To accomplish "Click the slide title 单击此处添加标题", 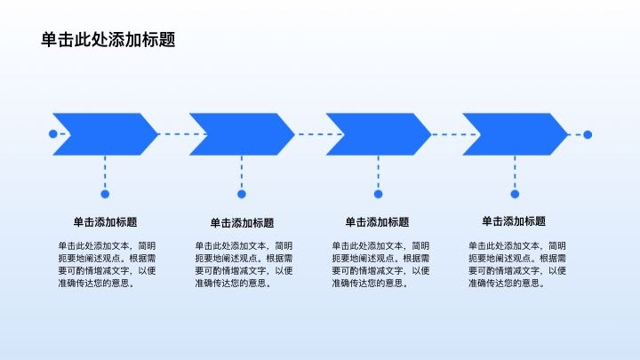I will click(108, 40).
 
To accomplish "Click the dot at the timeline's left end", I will click(52, 134).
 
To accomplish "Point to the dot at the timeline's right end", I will click(588, 135).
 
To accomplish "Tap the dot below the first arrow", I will click(105, 194).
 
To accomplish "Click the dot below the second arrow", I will click(242, 194).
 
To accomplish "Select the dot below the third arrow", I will click(379, 194).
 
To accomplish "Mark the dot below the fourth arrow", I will click(515, 194).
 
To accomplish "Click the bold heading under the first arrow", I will click(105, 222).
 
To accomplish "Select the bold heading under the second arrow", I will click(242, 223).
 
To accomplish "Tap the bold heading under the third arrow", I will click(377, 222).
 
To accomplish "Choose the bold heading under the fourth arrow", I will click(514, 221).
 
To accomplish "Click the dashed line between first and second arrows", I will click(173, 134).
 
